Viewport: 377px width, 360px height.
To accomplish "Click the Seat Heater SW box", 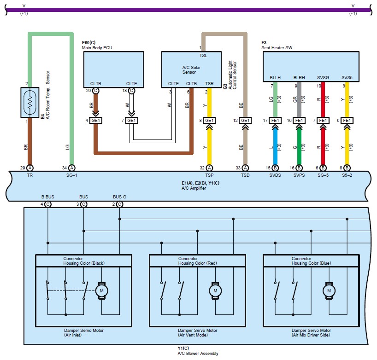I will point(311,67).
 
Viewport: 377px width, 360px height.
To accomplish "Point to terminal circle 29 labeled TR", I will point(30,168).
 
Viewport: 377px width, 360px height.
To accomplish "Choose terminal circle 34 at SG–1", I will point(72,168).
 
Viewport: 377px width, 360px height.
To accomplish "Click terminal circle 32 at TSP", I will point(209,168).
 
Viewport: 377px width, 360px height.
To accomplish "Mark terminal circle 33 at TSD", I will point(245,168).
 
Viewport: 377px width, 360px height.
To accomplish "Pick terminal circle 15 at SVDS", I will point(275,168).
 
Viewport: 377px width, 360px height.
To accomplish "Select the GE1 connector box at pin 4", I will point(96,121).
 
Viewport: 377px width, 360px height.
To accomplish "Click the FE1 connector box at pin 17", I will point(275,121).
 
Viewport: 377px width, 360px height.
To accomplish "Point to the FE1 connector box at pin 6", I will point(347,121).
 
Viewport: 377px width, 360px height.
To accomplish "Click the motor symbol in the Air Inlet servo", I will point(101,290).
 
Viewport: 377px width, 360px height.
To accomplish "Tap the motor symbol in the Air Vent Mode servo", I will point(215,290).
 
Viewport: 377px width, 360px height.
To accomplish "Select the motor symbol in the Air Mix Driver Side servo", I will point(329,290).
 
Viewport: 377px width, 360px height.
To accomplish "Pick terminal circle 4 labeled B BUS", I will point(47,204).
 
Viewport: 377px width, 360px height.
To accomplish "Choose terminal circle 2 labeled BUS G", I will point(119,204).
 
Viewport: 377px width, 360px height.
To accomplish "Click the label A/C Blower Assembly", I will point(198,354).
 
